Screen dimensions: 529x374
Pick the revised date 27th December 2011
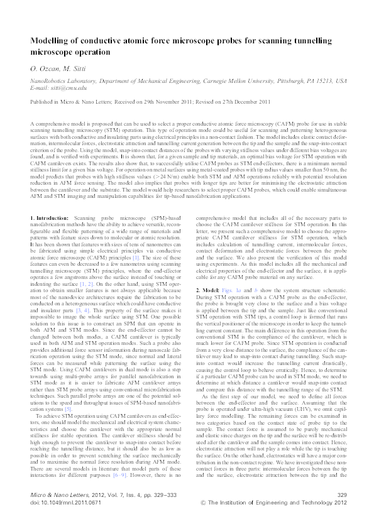pyautogui.click(x=243, y=101)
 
